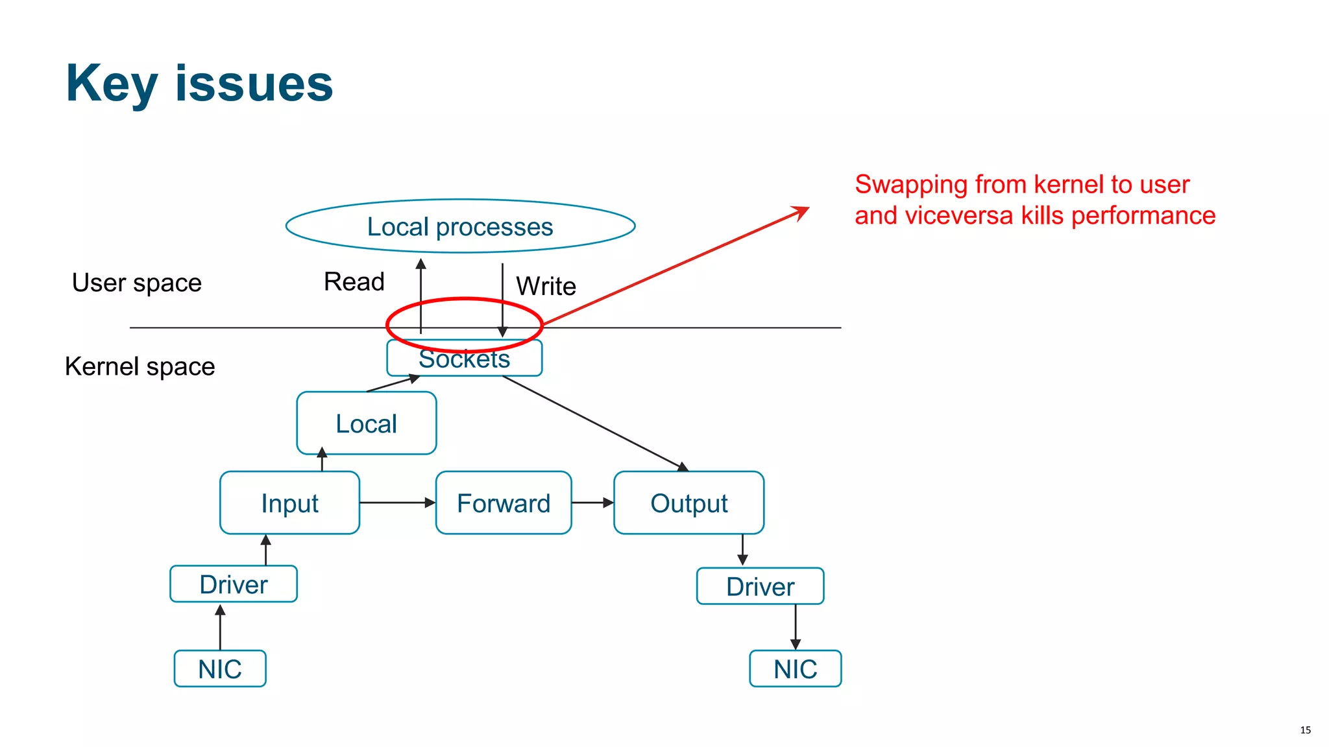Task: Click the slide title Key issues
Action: [199, 84]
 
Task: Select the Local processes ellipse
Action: [460, 226]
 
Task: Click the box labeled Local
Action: [366, 423]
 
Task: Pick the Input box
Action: [289, 503]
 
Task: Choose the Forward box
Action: [504, 503]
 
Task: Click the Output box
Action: [689, 503]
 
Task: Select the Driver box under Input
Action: [234, 584]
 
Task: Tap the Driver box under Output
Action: [760, 587]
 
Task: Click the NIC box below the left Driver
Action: [220, 669]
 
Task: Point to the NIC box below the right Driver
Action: [795, 669]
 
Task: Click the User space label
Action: [137, 283]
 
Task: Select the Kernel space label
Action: [140, 366]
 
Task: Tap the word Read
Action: [354, 281]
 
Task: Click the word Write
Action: [546, 286]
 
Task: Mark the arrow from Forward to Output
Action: [592, 503]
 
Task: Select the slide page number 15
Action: [1305, 730]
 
